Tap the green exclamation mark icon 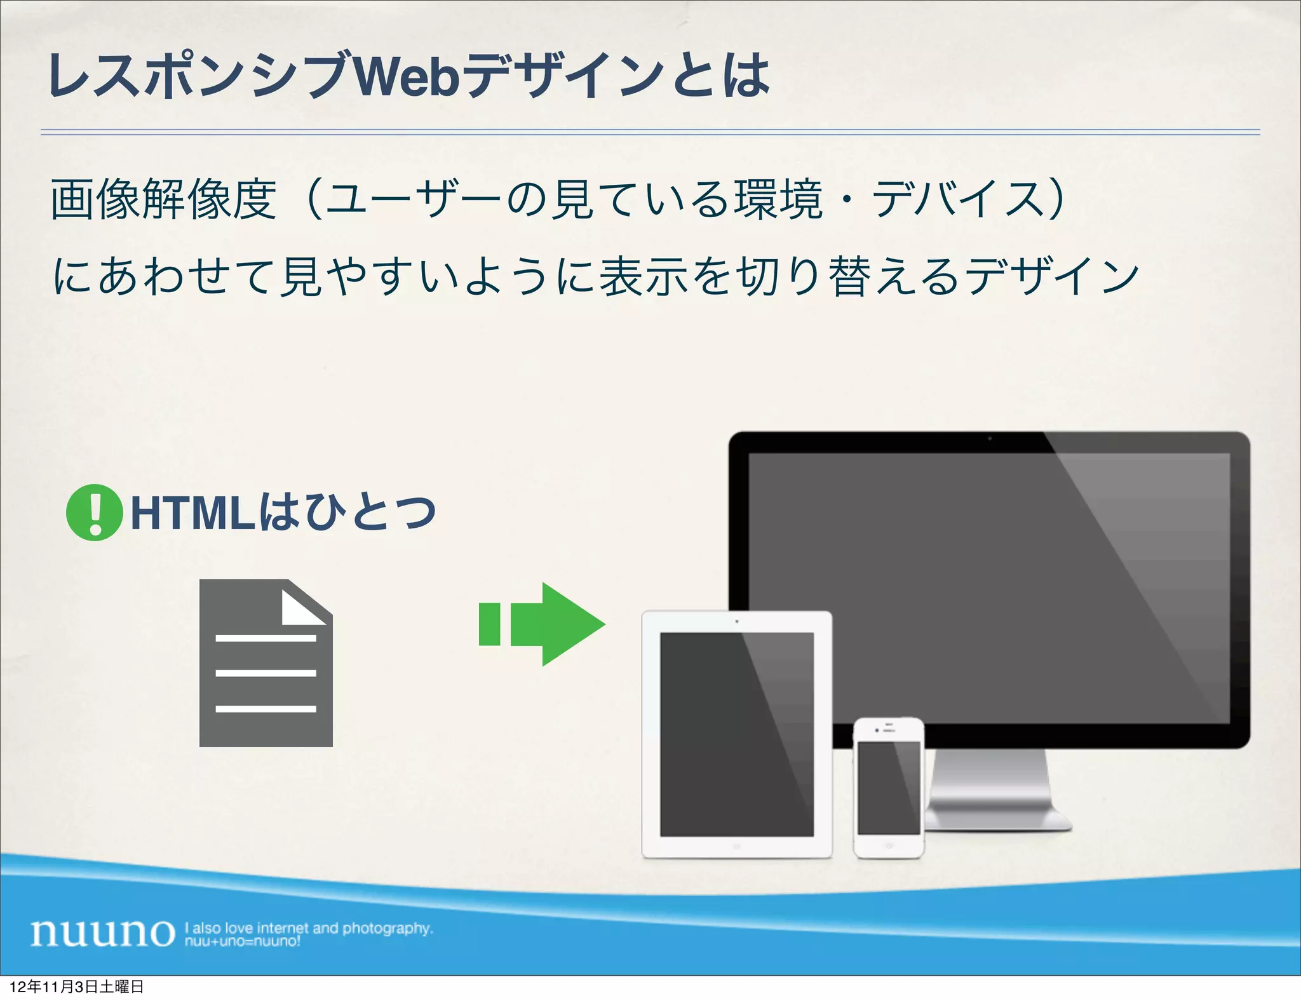[x=94, y=513]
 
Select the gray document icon [x=266, y=673]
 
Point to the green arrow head [x=572, y=624]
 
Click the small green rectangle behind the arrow [x=490, y=624]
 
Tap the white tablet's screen [x=736, y=734]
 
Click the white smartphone [x=889, y=788]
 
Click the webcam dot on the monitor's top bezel [x=989, y=438]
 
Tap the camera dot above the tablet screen [x=737, y=621]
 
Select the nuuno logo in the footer [x=102, y=932]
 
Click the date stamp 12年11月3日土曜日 [x=77, y=987]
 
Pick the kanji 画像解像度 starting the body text [x=163, y=199]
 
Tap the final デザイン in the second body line [x=1052, y=276]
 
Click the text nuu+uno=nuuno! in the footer [x=242, y=941]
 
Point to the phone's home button [x=889, y=846]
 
